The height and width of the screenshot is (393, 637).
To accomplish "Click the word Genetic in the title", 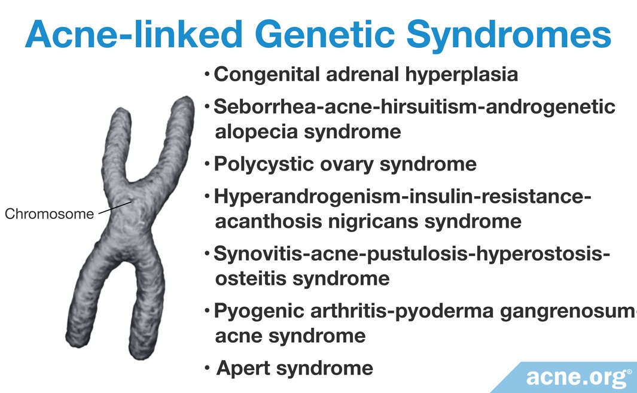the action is tap(325, 34).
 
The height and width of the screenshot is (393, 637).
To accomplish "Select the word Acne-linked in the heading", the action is tap(133, 34).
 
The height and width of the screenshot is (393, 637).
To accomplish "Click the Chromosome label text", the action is tap(49, 214).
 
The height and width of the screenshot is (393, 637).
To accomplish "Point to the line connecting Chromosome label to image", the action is tap(115, 207).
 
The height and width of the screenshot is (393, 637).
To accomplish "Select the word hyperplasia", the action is tap(462, 75).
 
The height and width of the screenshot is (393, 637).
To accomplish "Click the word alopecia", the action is tap(256, 132).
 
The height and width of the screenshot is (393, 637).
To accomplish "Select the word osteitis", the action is tap(251, 279).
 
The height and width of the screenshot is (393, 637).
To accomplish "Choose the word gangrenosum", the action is tap(568, 312).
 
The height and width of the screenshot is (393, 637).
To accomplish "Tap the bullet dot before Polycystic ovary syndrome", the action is tap(207, 164).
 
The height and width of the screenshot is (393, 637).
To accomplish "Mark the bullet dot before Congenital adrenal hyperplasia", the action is tap(207, 74).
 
